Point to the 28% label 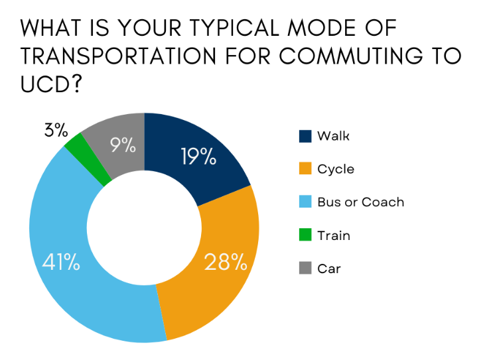point(226,263)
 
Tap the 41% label point(62,263)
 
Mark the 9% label point(123,145)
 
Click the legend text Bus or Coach point(360,202)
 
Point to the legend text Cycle point(336,169)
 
